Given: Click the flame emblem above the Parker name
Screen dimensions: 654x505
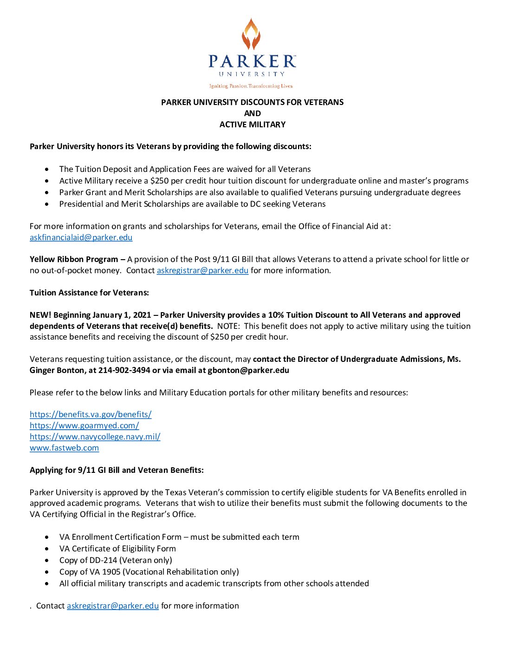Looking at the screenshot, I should click(x=251, y=34).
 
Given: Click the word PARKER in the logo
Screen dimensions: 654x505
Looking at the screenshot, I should click(x=252, y=61).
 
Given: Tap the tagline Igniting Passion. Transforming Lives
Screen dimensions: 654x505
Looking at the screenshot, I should click(x=251, y=86).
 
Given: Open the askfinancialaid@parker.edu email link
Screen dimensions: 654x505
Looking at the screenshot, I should click(x=81, y=237).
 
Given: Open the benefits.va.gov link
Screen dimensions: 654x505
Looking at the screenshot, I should click(x=91, y=414).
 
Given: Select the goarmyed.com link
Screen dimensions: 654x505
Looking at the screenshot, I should click(x=84, y=425).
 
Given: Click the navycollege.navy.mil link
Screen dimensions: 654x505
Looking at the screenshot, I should click(x=95, y=437).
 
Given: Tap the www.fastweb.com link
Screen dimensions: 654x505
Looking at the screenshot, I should click(x=64, y=448).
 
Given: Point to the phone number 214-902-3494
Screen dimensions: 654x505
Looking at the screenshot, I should click(x=124, y=370).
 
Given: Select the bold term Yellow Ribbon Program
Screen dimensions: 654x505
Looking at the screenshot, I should click(x=74, y=259).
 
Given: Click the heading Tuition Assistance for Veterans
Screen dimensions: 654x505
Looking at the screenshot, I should click(x=89, y=293).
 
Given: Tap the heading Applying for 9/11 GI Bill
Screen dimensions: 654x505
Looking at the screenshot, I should click(x=117, y=470).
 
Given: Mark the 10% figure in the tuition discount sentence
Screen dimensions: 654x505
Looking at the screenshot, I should click(x=276, y=315).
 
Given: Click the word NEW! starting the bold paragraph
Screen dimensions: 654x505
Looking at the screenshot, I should click(x=40, y=315).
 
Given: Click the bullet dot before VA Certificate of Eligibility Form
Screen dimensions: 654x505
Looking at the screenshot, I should click(x=47, y=549).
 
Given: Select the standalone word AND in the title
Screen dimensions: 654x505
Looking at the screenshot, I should click(x=252, y=113).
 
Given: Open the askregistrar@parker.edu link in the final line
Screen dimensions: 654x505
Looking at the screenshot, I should click(x=113, y=606).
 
